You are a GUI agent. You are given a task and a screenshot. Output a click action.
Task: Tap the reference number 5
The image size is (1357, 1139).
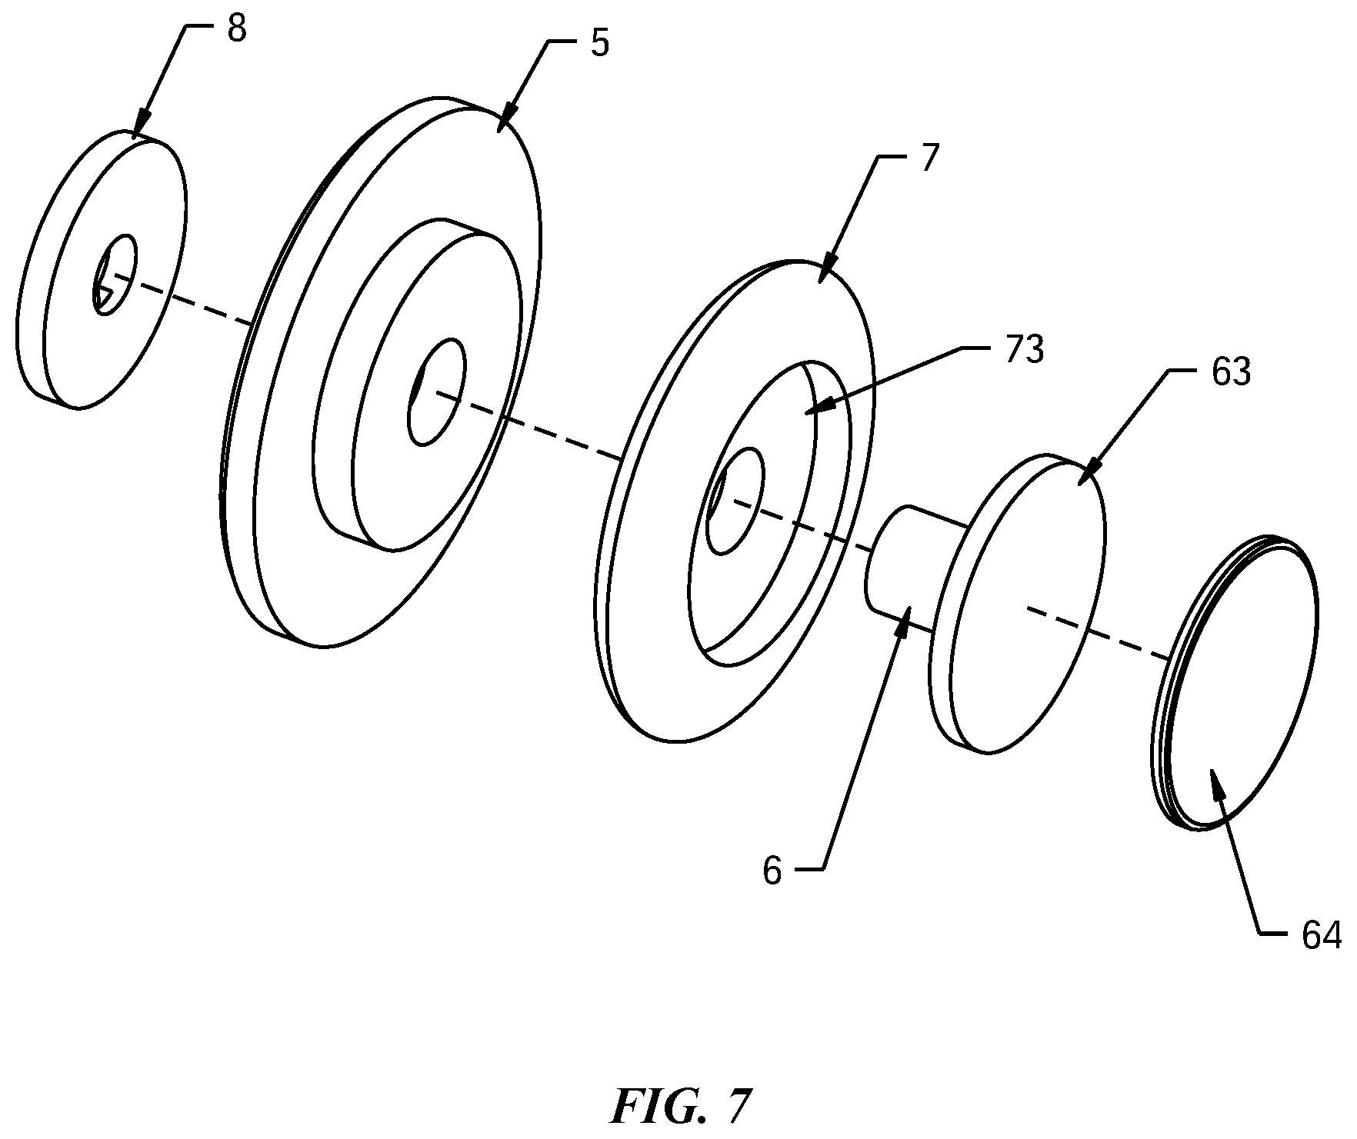coord(599,45)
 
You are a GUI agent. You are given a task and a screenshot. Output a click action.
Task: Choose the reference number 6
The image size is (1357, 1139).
coord(772,872)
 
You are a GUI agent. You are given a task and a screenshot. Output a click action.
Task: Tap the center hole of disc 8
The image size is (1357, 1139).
coord(115,275)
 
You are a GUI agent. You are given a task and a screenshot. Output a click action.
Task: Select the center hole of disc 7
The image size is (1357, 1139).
coord(735,501)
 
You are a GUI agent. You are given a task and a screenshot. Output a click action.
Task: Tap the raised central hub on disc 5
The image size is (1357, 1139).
coord(415,385)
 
